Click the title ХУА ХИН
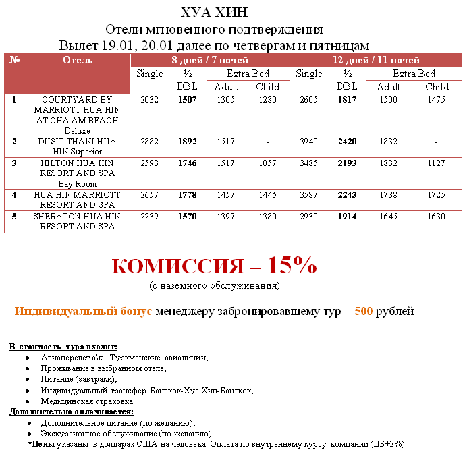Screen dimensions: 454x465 pyautogui.click(x=215, y=13)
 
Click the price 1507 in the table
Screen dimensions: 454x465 pyautogui.click(x=187, y=100)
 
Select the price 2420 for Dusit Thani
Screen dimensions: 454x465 pyautogui.click(x=346, y=142)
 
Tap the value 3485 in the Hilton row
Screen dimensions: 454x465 pyautogui.click(x=308, y=163)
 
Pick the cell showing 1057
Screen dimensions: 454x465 pyautogui.click(x=267, y=163)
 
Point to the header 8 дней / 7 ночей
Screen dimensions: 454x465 pyautogui.click(x=209, y=60)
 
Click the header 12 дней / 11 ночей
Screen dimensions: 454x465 pyautogui.click(x=376, y=60)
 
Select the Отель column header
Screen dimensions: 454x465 pyautogui.click(x=77, y=60)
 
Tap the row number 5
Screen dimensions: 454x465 pyautogui.click(x=13, y=216)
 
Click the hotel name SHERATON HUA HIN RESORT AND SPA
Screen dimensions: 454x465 pyautogui.click(x=77, y=221)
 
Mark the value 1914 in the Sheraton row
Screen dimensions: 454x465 pyautogui.click(x=346, y=216)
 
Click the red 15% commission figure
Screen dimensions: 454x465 pyautogui.click(x=292, y=265)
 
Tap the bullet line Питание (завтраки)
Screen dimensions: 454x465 pyautogui.click(x=79, y=379)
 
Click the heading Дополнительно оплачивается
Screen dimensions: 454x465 pyautogui.click(x=72, y=412)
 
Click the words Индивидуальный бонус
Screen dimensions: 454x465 pyautogui.click(x=84, y=312)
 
